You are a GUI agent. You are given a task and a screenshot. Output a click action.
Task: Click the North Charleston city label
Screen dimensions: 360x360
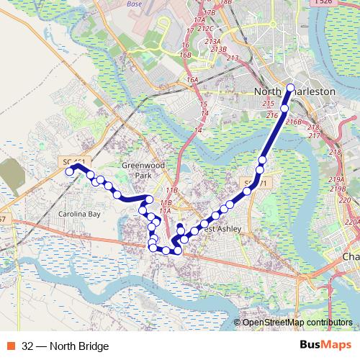pos(296,92)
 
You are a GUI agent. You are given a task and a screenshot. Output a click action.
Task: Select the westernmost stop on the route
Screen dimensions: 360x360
pos(70,171)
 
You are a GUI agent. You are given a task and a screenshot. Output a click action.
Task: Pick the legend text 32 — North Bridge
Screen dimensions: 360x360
pos(66,346)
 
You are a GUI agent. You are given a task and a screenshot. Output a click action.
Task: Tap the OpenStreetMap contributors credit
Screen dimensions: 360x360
pos(297,323)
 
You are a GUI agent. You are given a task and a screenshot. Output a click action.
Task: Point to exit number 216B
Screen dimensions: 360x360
pos(293,122)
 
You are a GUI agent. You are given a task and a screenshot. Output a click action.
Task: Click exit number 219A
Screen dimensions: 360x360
pos(337,179)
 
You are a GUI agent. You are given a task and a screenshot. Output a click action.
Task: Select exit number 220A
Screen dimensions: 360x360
pos(351,222)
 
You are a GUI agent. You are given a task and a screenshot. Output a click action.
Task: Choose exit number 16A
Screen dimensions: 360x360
pos(192,80)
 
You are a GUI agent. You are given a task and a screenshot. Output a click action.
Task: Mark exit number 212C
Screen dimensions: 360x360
pos(206,29)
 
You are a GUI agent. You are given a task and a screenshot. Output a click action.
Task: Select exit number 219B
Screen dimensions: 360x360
pos(338,189)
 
